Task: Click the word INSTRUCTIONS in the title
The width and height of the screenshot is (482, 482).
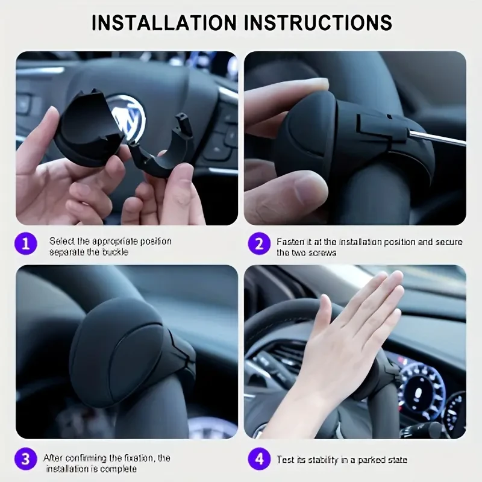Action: coord(318,22)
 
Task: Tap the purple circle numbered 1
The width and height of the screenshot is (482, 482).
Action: coord(25,245)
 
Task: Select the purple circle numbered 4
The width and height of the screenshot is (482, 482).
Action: coord(258,460)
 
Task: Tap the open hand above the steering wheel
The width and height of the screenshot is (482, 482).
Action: coord(355,337)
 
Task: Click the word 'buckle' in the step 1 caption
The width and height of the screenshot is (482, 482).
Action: coord(115,252)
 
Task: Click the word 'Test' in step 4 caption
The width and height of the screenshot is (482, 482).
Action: coord(286,460)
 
